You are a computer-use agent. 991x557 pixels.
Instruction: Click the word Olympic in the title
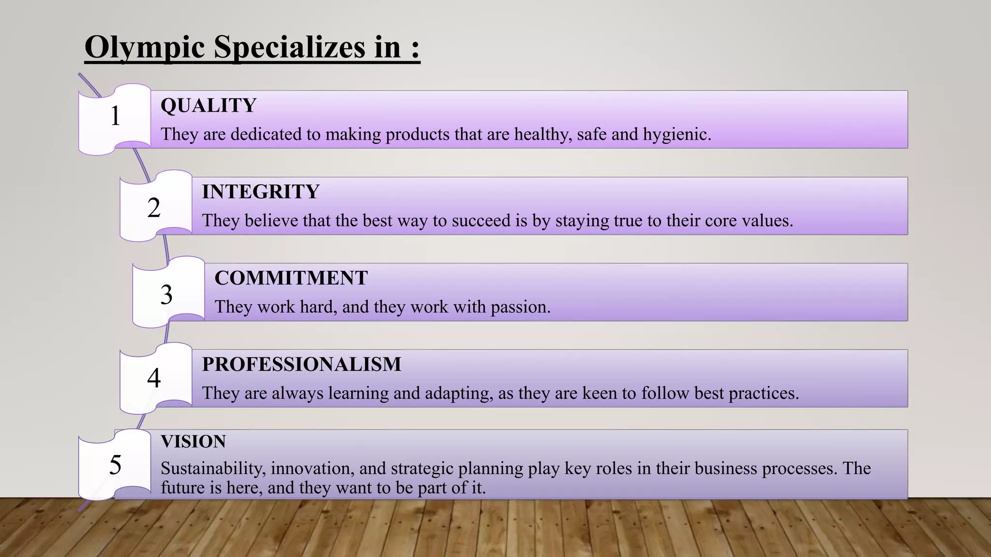pyautogui.click(x=144, y=48)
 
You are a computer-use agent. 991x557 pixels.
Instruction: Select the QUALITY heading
pyautogui.click(x=208, y=105)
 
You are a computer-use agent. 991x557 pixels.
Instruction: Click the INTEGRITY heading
pyautogui.click(x=260, y=192)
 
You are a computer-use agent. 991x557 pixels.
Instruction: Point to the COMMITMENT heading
pyautogui.click(x=291, y=278)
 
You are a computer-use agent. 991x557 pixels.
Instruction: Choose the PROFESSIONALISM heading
pyautogui.click(x=301, y=364)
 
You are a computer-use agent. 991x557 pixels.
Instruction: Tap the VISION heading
pyautogui.click(x=193, y=441)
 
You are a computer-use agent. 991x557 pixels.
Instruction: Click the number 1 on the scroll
pyautogui.click(x=115, y=116)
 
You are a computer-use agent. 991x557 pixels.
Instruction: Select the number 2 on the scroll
pyautogui.click(x=154, y=208)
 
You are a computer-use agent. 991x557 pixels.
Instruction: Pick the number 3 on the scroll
pyautogui.click(x=166, y=294)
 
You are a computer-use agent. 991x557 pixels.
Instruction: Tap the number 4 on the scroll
pyautogui.click(x=154, y=378)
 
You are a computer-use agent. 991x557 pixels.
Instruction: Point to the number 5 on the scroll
pyautogui.click(x=115, y=465)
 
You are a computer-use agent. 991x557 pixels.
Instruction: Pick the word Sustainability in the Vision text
pyautogui.click(x=213, y=469)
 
